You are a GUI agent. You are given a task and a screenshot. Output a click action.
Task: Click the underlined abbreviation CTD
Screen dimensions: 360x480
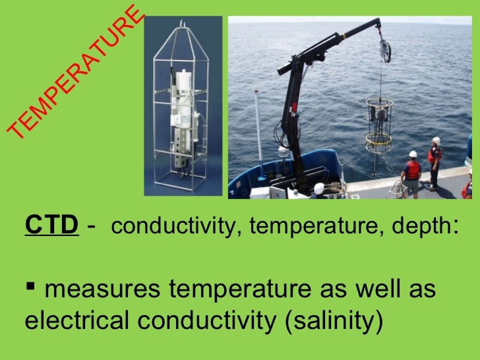pos(51,226)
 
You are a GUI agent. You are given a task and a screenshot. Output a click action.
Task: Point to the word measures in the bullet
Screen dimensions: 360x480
pos(95,289)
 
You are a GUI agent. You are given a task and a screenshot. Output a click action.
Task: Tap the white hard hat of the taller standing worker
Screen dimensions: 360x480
pos(436,140)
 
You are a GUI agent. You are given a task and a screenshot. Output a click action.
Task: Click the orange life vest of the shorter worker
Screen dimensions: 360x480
pos(412,170)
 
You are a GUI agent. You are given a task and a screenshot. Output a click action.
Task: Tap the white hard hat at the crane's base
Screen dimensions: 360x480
pos(319,188)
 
